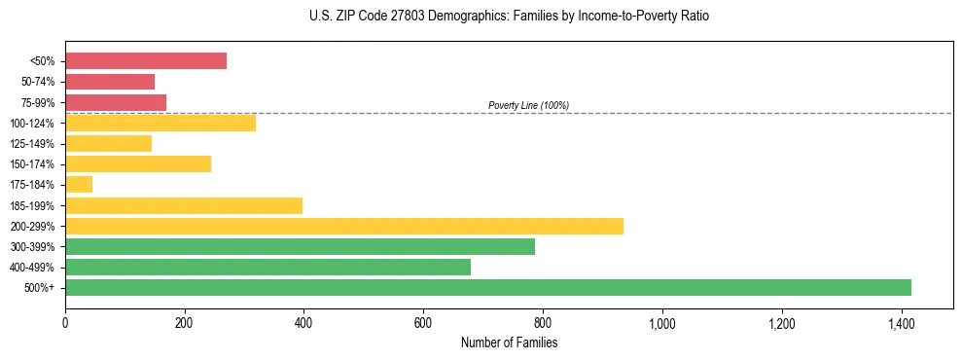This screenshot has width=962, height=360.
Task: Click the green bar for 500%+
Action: pyautogui.click(x=487, y=287)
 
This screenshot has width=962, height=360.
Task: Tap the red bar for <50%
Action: pyautogui.click(x=146, y=60)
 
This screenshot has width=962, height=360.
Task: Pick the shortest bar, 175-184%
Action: pyautogui.click(x=79, y=184)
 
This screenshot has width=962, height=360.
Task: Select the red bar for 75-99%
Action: pyautogui.click(x=116, y=102)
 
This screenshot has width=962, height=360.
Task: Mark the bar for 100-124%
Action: pyautogui.click(x=160, y=123)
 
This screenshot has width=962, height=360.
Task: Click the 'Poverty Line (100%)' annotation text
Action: pyautogui.click(x=528, y=105)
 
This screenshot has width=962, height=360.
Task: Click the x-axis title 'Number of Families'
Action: pyautogui.click(x=509, y=342)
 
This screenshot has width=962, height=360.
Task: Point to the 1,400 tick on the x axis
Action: pyautogui.click(x=901, y=322)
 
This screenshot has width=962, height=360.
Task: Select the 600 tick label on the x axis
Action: pyautogui.click(x=423, y=322)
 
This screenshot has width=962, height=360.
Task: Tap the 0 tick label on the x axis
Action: pyautogui.click(x=65, y=322)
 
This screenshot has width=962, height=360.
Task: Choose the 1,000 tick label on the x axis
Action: pyautogui.click(x=661, y=322)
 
